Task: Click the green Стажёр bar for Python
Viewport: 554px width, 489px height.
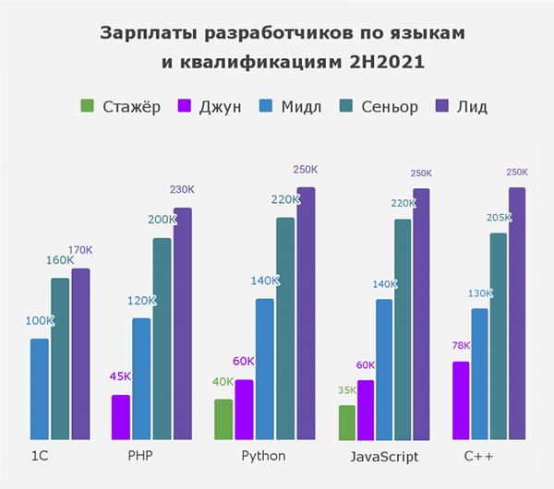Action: coord(223,420)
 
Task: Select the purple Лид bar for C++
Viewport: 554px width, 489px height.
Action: coord(516,314)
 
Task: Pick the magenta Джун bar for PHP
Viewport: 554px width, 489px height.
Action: coord(120,417)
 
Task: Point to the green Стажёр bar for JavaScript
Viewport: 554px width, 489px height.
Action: coord(346,423)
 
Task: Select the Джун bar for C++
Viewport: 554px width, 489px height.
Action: coord(460,400)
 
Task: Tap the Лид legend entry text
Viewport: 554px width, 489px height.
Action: coord(472,107)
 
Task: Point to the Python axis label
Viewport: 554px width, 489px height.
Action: coord(263,457)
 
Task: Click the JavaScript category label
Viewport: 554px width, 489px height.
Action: coord(384,457)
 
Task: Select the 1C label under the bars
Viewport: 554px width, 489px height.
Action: coord(40,457)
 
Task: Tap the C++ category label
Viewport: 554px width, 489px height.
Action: coord(478,457)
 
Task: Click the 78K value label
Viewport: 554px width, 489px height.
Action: coord(460,346)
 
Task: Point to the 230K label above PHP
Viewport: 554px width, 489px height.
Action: coord(182,189)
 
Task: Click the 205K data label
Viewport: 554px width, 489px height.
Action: coord(498,217)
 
